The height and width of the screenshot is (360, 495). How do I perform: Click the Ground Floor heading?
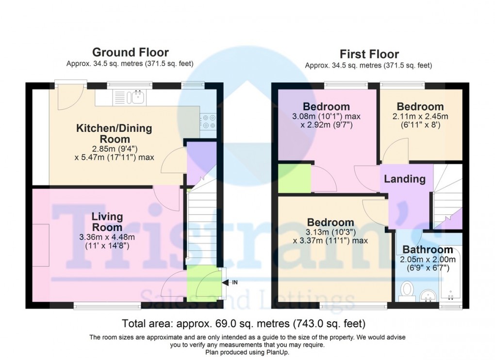(x=130, y=52)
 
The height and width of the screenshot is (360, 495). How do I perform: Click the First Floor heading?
(x=369, y=54)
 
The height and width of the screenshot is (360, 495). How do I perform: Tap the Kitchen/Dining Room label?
(x=114, y=133)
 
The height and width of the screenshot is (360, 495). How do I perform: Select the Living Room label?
(x=107, y=222)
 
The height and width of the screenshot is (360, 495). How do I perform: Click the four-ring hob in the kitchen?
(x=209, y=121)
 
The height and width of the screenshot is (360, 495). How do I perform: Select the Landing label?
(x=404, y=179)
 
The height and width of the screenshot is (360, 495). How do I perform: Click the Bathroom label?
(x=428, y=250)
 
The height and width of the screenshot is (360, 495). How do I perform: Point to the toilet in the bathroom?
(x=407, y=292)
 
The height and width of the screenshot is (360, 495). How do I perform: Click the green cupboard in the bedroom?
(x=294, y=178)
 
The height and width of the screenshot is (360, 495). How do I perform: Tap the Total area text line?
(x=244, y=323)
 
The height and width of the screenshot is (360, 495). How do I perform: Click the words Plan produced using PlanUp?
(x=247, y=353)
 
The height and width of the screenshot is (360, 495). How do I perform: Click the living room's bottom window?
(x=107, y=306)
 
